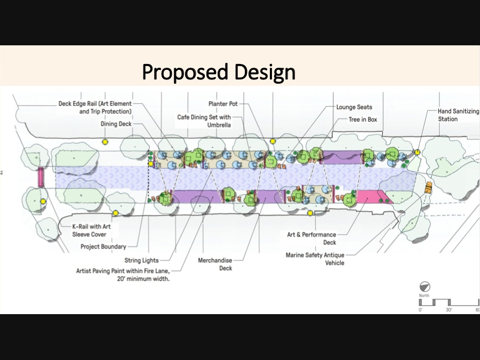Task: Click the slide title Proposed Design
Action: [x=218, y=72]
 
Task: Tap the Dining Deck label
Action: [x=116, y=124]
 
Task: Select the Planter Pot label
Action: [x=223, y=104]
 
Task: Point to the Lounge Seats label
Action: [x=354, y=107]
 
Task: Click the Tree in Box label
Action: [x=363, y=119]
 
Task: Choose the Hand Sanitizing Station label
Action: [x=458, y=115]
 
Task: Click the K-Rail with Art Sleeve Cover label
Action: [x=90, y=230]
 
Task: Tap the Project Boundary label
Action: [x=103, y=246]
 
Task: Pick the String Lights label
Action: [x=141, y=260]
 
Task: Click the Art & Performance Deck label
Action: [x=311, y=238]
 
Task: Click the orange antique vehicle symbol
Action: [x=428, y=187]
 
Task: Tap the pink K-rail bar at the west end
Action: [x=41, y=177]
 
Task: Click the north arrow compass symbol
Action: [x=425, y=286]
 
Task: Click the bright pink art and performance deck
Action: [x=373, y=197]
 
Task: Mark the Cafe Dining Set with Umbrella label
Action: [x=204, y=121]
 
